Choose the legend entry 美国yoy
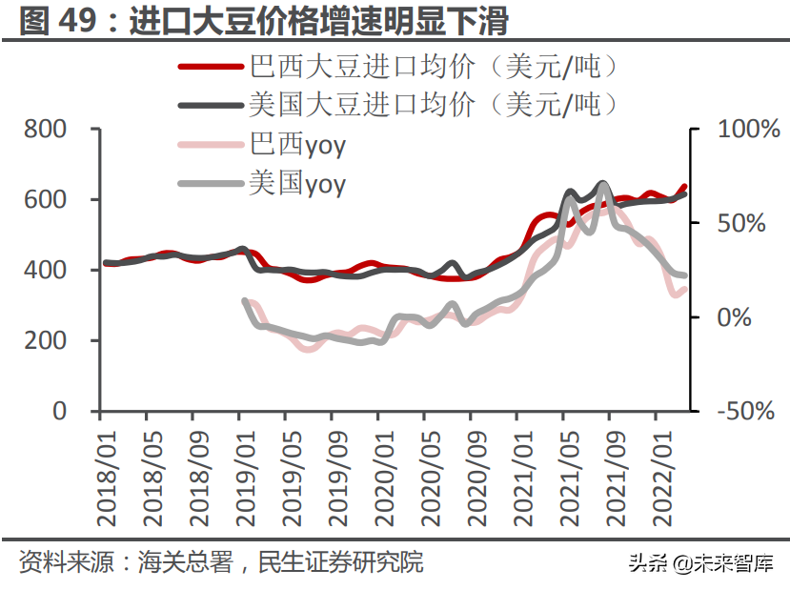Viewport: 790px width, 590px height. (x=297, y=183)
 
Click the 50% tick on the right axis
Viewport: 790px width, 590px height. (x=741, y=224)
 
